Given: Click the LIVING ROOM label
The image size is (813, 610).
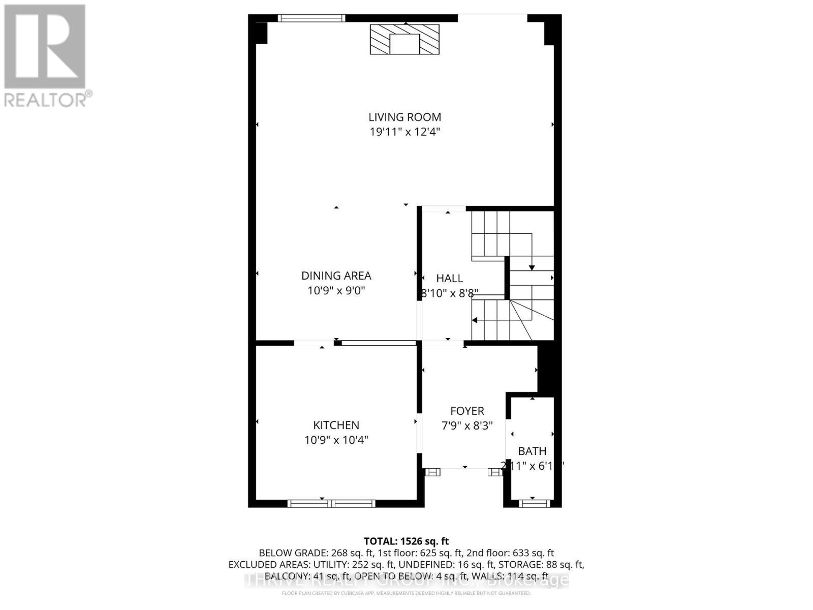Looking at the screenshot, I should click(404, 117).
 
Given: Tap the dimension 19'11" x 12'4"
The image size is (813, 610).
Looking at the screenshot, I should click(404, 132).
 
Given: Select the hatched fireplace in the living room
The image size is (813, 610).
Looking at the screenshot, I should click(404, 39).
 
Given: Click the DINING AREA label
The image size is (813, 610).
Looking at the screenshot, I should click(336, 276).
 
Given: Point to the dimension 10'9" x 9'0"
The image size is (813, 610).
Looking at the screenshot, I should click(336, 291).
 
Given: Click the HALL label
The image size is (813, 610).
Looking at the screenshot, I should click(449, 278).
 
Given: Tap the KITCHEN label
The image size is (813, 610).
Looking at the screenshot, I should click(336, 425).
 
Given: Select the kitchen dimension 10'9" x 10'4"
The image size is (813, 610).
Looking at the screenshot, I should click(336, 440).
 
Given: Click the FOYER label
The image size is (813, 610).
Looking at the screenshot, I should click(467, 411).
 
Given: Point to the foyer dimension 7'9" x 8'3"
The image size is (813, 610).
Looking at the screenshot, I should click(467, 426).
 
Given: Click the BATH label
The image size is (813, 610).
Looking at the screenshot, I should click(532, 451).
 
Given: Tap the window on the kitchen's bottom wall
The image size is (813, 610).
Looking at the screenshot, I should click(331, 503).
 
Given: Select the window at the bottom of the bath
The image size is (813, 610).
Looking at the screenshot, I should click(534, 503).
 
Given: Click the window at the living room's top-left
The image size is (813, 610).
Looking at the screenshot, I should click(311, 18).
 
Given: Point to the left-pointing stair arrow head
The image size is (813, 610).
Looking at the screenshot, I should click(475, 320).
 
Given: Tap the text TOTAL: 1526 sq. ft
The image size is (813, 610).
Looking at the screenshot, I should click(406, 541).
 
